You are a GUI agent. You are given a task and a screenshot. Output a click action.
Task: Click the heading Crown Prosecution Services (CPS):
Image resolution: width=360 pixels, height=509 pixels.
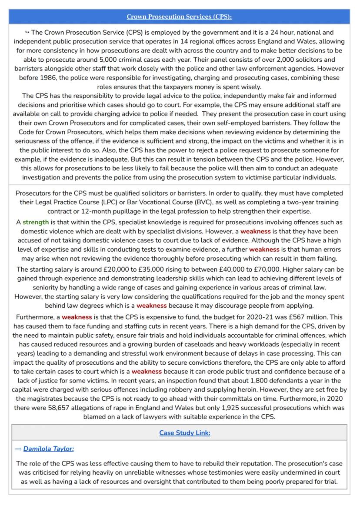coord(179,17)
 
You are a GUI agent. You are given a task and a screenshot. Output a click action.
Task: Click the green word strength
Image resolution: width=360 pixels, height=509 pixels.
coord(36,222)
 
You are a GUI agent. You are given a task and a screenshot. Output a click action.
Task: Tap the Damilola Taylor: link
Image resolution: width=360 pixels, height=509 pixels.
coord(49,449)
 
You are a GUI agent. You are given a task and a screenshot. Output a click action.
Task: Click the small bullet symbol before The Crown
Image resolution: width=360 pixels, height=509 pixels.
coord(27,32)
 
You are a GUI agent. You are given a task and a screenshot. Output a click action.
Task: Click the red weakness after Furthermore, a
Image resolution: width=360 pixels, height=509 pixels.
coord(77,317)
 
